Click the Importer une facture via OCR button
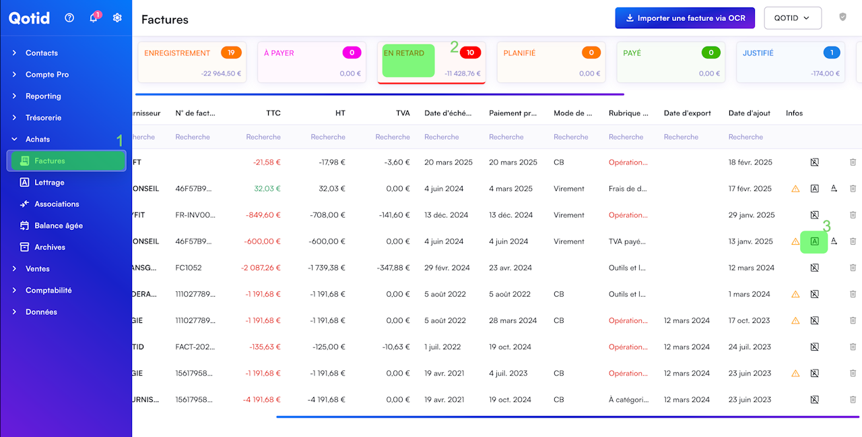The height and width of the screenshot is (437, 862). click(x=685, y=18)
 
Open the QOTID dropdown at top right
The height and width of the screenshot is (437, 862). click(x=793, y=18)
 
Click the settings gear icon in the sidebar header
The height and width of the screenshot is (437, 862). click(x=117, y=18)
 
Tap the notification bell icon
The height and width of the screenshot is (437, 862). click(x=94, y=18)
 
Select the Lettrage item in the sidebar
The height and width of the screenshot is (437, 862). click(x=49, y=182)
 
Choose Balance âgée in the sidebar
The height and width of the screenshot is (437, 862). click(x=59, y=225)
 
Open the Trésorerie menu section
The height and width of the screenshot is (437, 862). click(x=43, y=117)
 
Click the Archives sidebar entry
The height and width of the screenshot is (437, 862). click(x=50, y=247)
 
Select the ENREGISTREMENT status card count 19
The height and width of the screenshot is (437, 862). click(x=231, y=53)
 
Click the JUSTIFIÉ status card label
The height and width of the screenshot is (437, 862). click(x=758, y=53)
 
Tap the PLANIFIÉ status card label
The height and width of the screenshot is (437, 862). click(x=519, y=53)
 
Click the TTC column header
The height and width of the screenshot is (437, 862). click(x=273, y=113)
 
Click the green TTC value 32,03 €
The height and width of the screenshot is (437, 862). click(x=267, y=189)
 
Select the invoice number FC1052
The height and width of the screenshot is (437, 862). click(x=189, y=268)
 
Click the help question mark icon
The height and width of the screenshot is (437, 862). click(x=69, y=18)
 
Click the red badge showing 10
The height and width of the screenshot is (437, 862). click(x=470, y=53)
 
